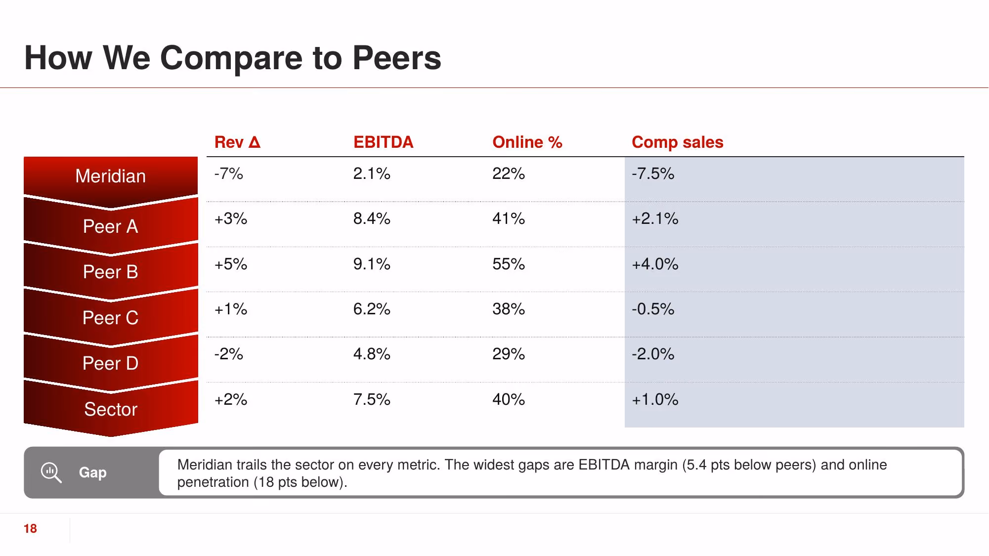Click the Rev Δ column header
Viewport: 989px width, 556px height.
click(x=237, y=142)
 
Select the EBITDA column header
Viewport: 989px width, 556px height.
click(x=383, y=142)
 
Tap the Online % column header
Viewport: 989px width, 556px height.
click(x=527, y=142)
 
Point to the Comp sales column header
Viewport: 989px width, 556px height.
click(x=677, y=142)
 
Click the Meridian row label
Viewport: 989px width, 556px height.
click(x=111, y=176)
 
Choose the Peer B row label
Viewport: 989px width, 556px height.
click(x=111, y=272)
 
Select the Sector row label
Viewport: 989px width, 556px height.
click(x=111, y=409)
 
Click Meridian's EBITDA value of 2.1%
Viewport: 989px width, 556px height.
click(x=372, y=173)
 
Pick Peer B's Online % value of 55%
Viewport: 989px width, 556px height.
click(x=509, y=264)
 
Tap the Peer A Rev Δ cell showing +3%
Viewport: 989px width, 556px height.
click(x=231, y=218)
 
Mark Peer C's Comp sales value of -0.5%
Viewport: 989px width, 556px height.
click(x=653, y=309)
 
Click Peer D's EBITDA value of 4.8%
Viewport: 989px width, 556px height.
click(x=372, y=354)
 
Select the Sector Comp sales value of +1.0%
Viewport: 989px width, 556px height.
click(x=655, y=399)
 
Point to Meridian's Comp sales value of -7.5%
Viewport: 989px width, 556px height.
click(x=653, y=173)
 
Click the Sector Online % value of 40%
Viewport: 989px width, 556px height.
click(x=509, y=399)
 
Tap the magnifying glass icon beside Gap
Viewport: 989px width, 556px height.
click(x=51, y=472)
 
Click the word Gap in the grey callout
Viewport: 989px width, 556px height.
click(x=93, y=472)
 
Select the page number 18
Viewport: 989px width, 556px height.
click(x=30, y=529)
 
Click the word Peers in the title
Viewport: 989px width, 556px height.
click(x=396, y=58)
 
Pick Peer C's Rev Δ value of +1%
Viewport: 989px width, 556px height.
click(x=231, y=309)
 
